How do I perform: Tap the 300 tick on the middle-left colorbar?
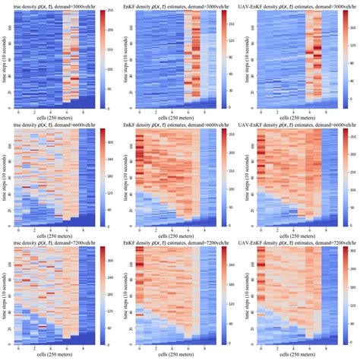click(x=112, y=141)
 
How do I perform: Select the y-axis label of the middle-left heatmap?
click(x=5, y=179)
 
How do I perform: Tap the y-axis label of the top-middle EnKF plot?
click(x=126, y=60)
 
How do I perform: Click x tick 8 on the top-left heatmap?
click(x=81, y=112)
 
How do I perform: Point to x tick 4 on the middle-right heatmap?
click(x=293, y=230)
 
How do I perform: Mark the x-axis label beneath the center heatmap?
click(x=173, y=236)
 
